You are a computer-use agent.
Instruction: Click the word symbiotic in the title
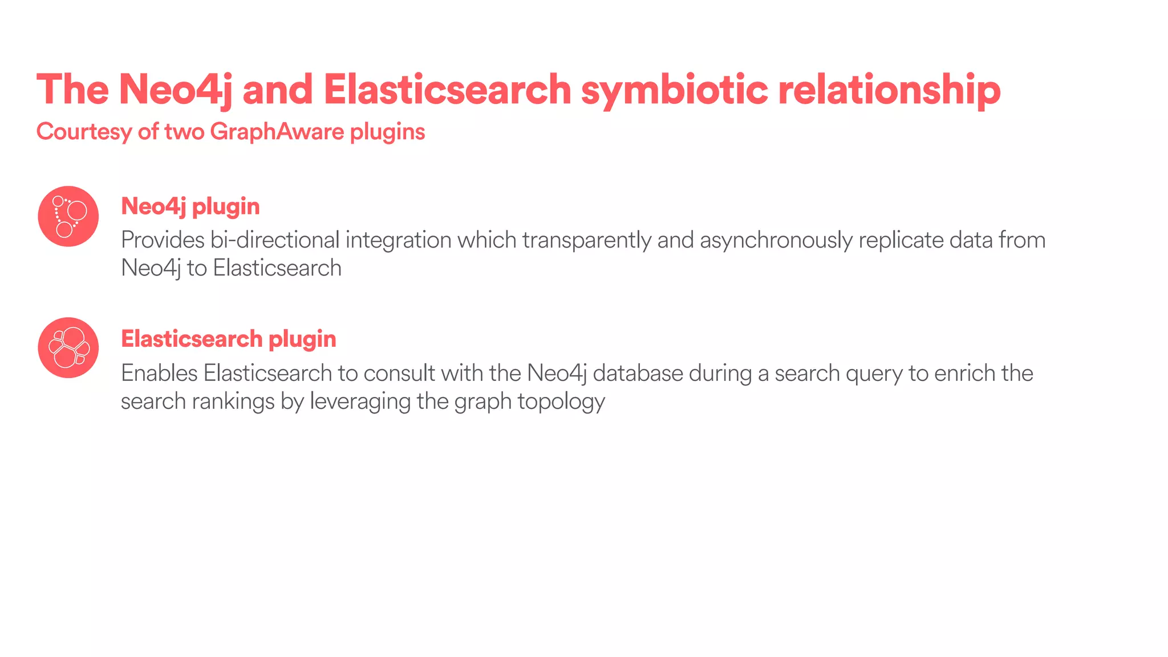(x=674, y=90)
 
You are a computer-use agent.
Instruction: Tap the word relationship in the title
(x=889, y=90)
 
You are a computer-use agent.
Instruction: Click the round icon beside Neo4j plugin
(x=68, y=216)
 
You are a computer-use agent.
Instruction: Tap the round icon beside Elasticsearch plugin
(x=68, y=347)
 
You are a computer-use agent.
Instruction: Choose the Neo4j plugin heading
(x=190, y=206)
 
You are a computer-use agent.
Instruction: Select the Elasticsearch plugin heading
(x=228, y=339)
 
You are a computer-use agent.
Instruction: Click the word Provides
(x=163, y=240)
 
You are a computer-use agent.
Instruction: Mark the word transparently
(x=586, y=240)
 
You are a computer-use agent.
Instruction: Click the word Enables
(x=159, y=374)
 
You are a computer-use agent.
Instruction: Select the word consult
(x=399, y=374)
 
